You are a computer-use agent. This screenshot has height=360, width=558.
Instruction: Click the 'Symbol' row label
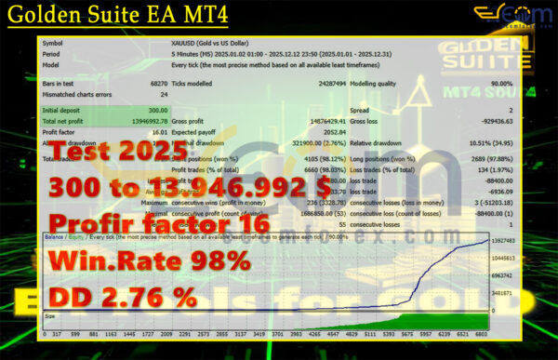tap(54, 43)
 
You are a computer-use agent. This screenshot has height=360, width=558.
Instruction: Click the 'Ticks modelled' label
tap(193, 84)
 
